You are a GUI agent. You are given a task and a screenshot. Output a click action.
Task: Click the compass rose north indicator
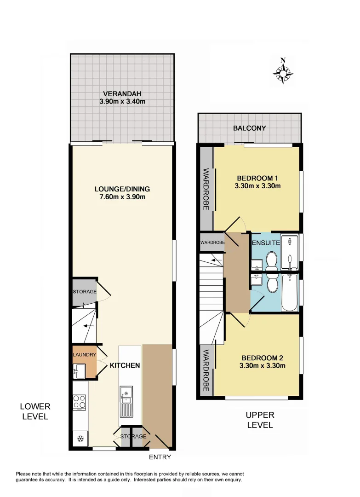click(283, 72)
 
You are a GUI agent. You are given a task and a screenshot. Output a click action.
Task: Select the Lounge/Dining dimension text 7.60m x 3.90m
click(122, 197)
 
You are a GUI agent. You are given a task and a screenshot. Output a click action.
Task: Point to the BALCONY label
click(249, 128)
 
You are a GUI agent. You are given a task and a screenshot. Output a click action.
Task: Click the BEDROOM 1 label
click(258, 178)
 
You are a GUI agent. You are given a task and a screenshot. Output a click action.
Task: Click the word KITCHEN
click(125, 365)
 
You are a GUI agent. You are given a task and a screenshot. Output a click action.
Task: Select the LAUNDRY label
click(85, 355)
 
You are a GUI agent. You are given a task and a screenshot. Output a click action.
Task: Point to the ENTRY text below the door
click(160, 457)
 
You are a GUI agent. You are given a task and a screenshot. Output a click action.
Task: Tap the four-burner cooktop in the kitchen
click(80, 402)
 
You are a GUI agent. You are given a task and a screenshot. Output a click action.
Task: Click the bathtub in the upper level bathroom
click(289, 293)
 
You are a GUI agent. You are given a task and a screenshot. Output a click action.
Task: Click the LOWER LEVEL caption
click(35, 411)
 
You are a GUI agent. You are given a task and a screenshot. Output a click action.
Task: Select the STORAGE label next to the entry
click(133, 436)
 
